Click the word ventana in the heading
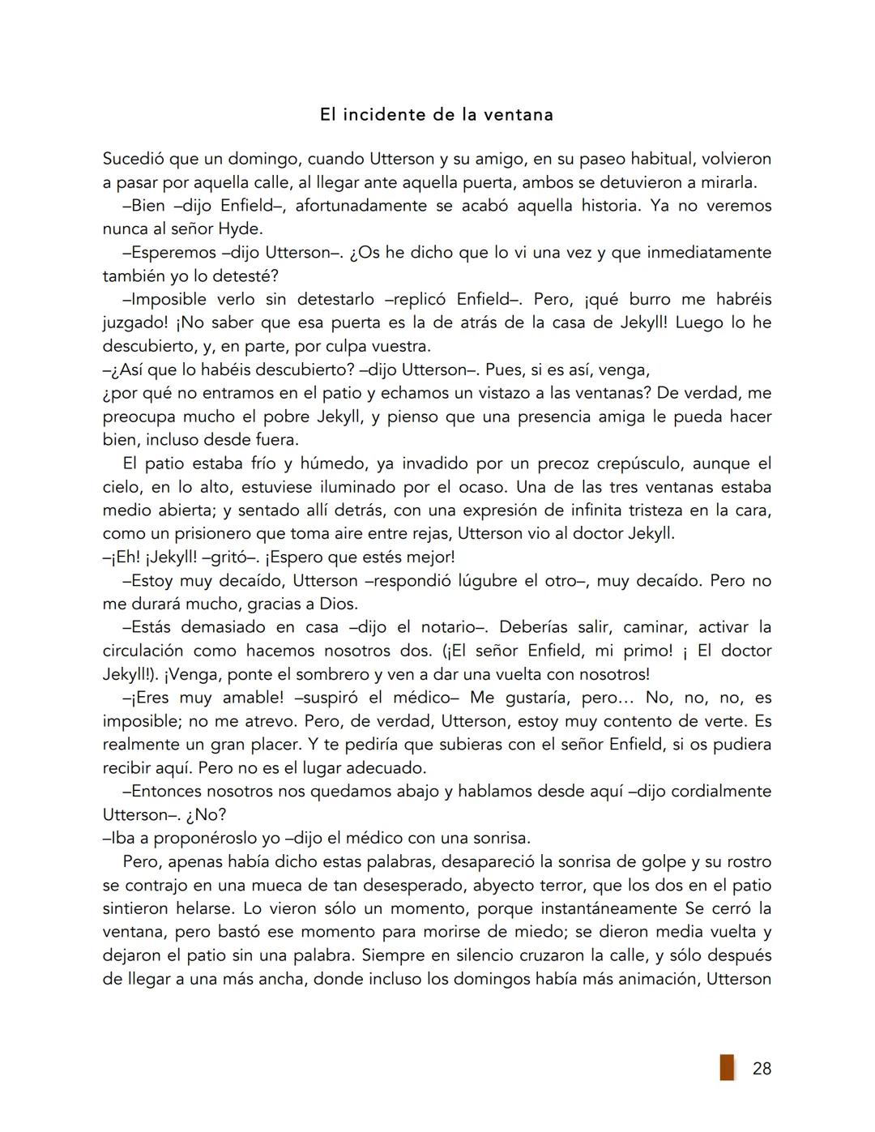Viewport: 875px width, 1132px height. click(518, 114)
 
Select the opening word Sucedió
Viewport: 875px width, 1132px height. click(134, 159)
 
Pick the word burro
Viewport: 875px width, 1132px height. click(650, 300)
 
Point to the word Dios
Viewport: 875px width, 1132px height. click(336, 604)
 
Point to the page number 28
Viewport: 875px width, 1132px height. click(762, 1069)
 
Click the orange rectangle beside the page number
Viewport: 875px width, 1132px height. click(727, 1067)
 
